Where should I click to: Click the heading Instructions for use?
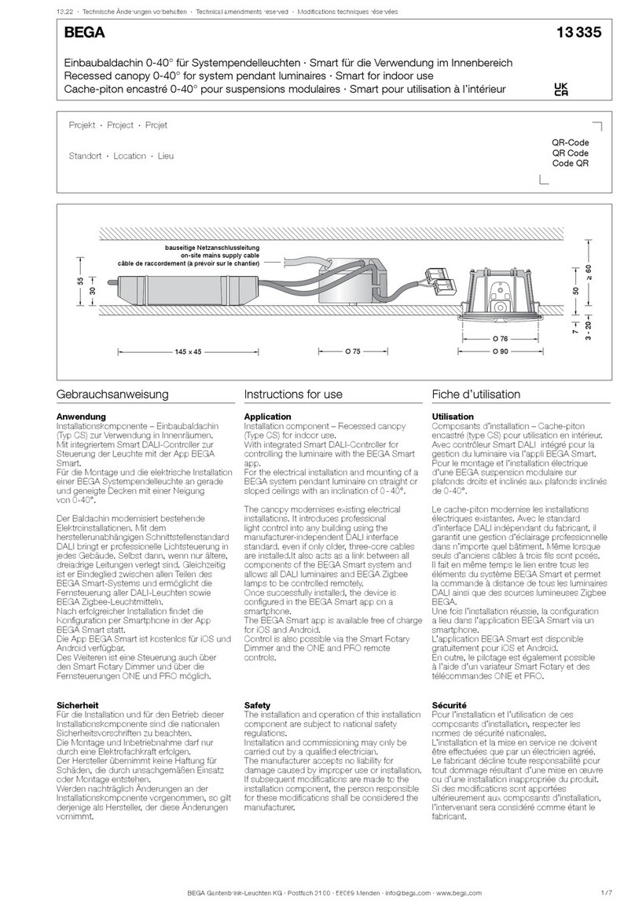293,394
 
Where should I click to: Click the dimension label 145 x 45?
188,351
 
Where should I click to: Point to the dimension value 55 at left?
80,281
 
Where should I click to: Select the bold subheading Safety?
257,707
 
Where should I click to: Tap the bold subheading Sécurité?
450,707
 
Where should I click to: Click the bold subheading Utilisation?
453,416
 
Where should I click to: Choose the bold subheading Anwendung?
83,416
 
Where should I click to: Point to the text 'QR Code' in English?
571,153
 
